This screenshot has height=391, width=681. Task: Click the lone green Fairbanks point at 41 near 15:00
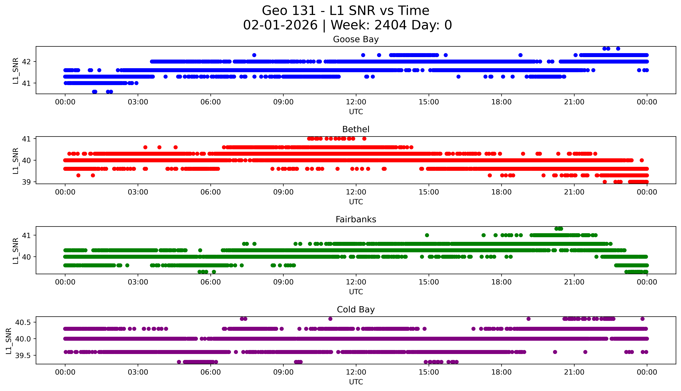[x=427, y=235]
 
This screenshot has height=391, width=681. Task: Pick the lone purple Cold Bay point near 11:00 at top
[x=330, y=319]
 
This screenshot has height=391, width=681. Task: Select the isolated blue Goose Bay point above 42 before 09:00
[x=254, y=55]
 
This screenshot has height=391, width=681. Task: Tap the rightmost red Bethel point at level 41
[x=364, y=139]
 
